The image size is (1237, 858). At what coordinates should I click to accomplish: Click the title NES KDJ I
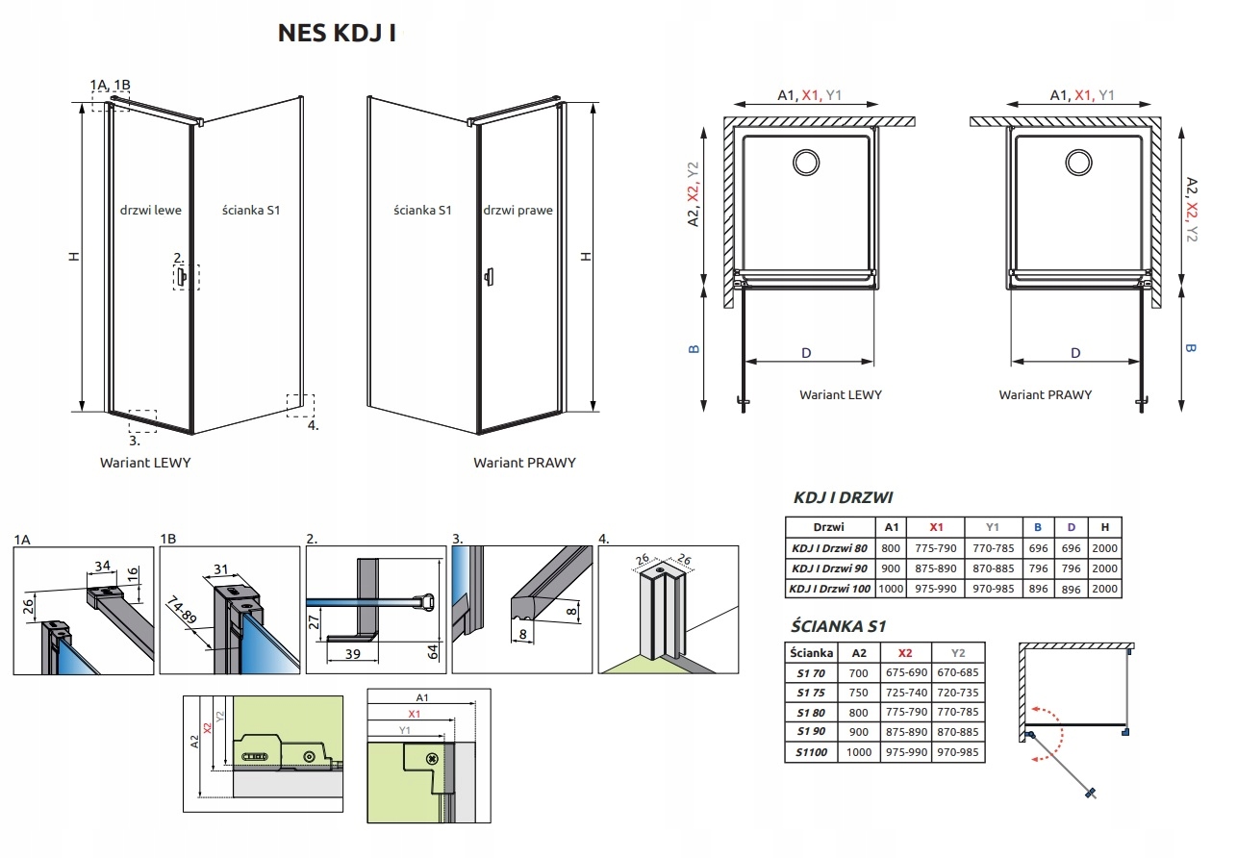(337, 33)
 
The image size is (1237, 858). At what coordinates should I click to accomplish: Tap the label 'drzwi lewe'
(151, 210)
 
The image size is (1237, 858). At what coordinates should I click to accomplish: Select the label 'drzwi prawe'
(518, 210)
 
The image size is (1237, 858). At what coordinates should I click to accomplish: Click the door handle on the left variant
(181, 276)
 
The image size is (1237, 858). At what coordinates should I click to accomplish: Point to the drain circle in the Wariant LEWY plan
(806, 163)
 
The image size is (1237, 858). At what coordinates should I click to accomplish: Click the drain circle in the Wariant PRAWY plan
(1078, 163)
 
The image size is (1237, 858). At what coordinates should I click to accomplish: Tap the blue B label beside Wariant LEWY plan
(694, 349)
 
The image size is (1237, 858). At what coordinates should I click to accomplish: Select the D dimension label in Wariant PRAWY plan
(1075, 353)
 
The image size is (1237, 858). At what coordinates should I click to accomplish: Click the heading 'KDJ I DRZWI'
(843, 497)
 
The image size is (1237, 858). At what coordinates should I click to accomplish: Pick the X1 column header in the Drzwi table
(936, 527)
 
